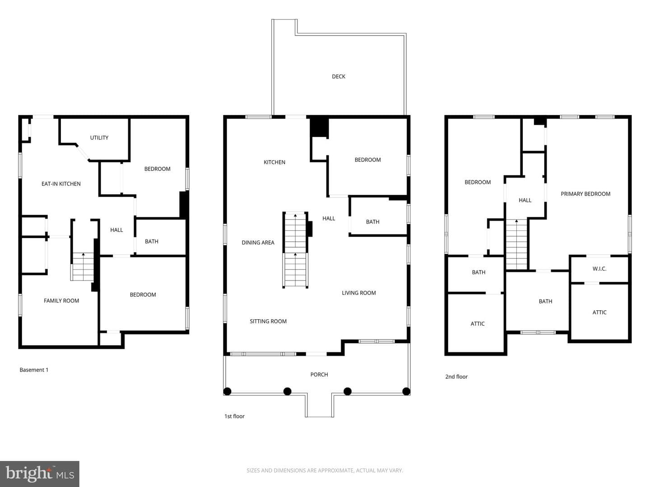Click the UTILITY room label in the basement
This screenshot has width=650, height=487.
[x=99, y=138]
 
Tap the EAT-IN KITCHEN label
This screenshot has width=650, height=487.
[x=61, y=184]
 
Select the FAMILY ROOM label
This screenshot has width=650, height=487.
[x=61, y=301]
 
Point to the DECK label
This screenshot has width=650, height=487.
[x=339, y=77]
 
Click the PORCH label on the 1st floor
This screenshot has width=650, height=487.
[x=319, y=375]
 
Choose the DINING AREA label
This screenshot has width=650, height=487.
[x=258, y=243]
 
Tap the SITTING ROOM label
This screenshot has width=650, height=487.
[x=268, y=322]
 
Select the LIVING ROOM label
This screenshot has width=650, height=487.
[x=358, y=293]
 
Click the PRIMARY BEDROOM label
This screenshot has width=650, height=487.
[x=585, y=194]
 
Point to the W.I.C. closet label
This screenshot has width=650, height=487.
[x=599, y=269]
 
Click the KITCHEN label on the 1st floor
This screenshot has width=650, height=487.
[x=274, y=162]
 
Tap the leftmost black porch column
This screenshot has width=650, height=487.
[x=227, y=391]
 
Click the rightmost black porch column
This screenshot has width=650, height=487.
[x=406, y=391]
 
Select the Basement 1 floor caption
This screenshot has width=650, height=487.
[x=34, y=370]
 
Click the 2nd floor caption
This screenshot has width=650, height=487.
[x=456, y=377]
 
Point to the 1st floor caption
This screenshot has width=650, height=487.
[x=234, y=416]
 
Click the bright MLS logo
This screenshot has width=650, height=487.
[x=40, y=473]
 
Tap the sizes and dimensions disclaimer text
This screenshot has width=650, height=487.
[x=325, y=470]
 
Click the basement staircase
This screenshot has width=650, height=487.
[x=83, y=266]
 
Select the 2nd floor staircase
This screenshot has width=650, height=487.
[x=516, y=244]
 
